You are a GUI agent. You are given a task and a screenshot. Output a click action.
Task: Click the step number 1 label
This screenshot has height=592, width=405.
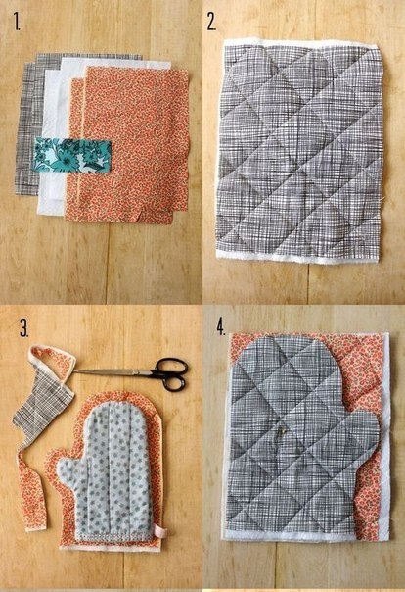pyautogui.click(x=17, y=22)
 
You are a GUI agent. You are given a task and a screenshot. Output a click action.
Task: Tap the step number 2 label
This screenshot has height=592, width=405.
pyautogui.click(x=211, y=22)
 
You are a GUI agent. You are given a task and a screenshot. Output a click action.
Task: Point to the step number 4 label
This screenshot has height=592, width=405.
pyautogui.click(x=221, y=326)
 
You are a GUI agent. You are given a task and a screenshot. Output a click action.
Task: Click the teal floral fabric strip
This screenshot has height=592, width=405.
pyautogui.click(x=72, y=155)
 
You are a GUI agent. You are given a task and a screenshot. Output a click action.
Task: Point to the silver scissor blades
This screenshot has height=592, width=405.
pyautogui.click(x=114, y=371)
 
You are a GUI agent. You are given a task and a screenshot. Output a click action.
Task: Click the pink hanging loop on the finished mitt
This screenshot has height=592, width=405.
pyautogui.click(x=160, y=531)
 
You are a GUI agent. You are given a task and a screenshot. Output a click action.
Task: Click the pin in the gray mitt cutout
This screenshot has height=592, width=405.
pyautogui.click(x=282, y=429)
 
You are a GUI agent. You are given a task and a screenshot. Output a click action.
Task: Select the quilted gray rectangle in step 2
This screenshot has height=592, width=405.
pyautogui.click(x=299, y=151)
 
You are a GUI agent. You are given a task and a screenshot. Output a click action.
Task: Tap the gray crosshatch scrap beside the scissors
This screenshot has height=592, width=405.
pyautogui.click(x=42, y=412)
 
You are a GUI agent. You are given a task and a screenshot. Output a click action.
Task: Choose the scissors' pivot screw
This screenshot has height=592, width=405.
pyautogui.click(x=151, y=373)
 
